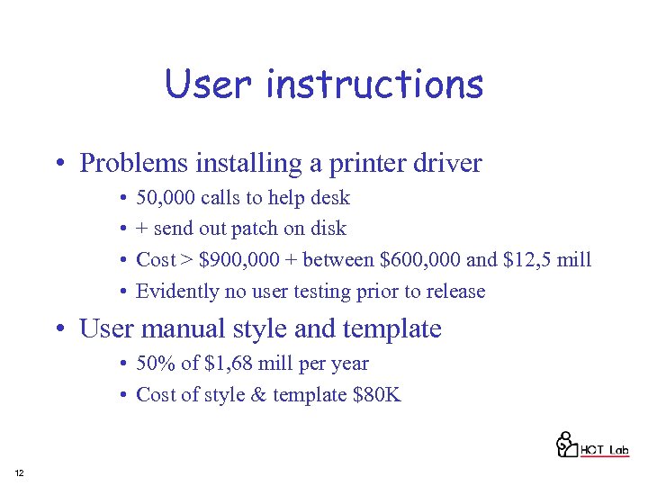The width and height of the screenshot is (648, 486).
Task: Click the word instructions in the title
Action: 374,85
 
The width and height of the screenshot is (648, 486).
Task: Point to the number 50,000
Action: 166,198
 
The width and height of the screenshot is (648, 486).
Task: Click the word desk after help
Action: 331,198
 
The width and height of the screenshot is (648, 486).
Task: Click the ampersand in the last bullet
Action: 260,394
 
